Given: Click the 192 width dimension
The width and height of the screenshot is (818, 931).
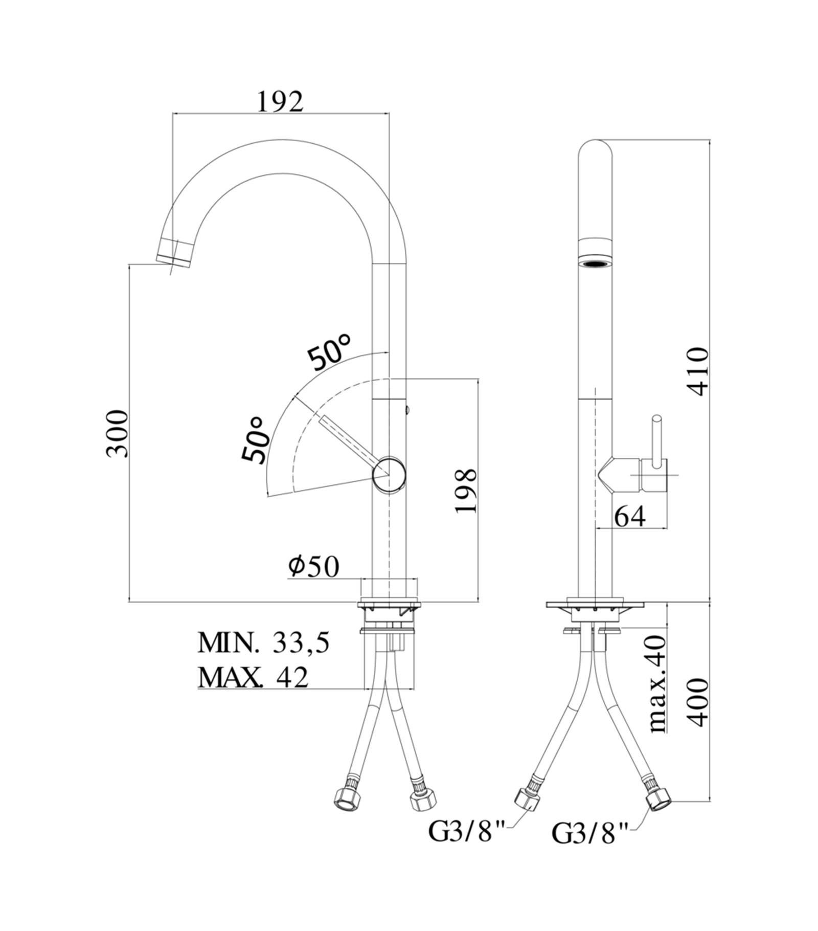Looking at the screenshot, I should (x=280, y=102).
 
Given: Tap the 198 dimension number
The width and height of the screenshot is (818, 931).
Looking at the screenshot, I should (x=466, y=490).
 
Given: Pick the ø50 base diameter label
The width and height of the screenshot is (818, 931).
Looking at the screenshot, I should (x=313, y=566).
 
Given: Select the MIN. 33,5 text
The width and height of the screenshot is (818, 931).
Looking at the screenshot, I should (x=263, y=643).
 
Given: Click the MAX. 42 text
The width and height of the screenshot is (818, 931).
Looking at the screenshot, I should (x=254, y=677).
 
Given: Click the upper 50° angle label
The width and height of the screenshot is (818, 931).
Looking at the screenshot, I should (x=329, y=352).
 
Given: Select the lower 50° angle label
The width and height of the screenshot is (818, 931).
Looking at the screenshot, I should (x=256, y=439).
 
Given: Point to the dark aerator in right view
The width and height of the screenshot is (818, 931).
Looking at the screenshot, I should (x=595, y=264).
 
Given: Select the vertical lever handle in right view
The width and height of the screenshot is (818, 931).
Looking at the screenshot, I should (x=656, y=440).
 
